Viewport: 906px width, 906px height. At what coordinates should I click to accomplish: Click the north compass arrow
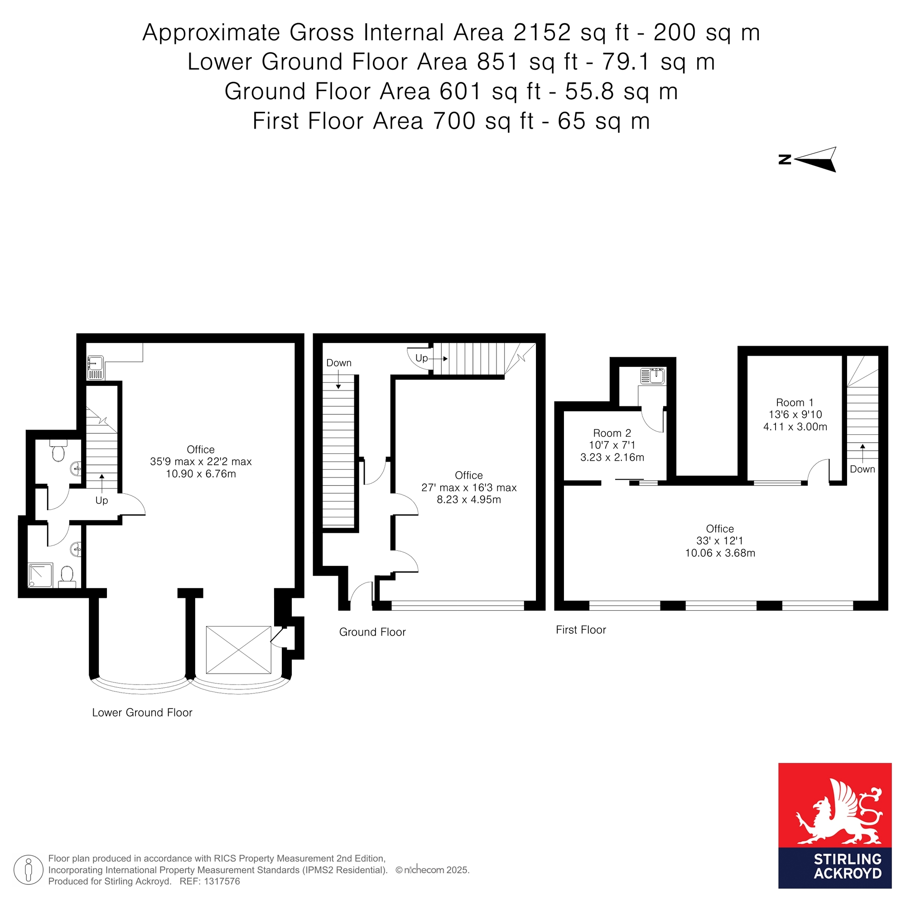[816, 160]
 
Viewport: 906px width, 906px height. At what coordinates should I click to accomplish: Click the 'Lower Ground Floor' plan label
[142, 712]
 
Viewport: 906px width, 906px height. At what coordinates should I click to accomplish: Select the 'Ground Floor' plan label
[372, 631]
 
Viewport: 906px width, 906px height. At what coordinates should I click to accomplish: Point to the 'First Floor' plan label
[581, 630]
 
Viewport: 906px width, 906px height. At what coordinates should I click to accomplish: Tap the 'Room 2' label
[612, 433]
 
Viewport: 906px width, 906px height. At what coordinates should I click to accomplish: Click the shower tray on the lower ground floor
[40, 575]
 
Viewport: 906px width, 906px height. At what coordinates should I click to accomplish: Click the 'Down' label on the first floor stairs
[863, 469]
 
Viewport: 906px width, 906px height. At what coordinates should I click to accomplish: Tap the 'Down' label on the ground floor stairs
[338, 362]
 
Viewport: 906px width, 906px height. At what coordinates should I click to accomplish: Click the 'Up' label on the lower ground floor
[102, 501]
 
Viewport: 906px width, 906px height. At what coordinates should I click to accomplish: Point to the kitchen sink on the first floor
[652, 376]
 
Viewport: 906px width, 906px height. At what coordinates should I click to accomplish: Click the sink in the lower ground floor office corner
[96, 368]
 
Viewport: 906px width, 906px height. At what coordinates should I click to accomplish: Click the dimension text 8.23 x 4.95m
[469, 499]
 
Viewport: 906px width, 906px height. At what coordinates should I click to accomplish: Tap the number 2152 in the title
[542, 32]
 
